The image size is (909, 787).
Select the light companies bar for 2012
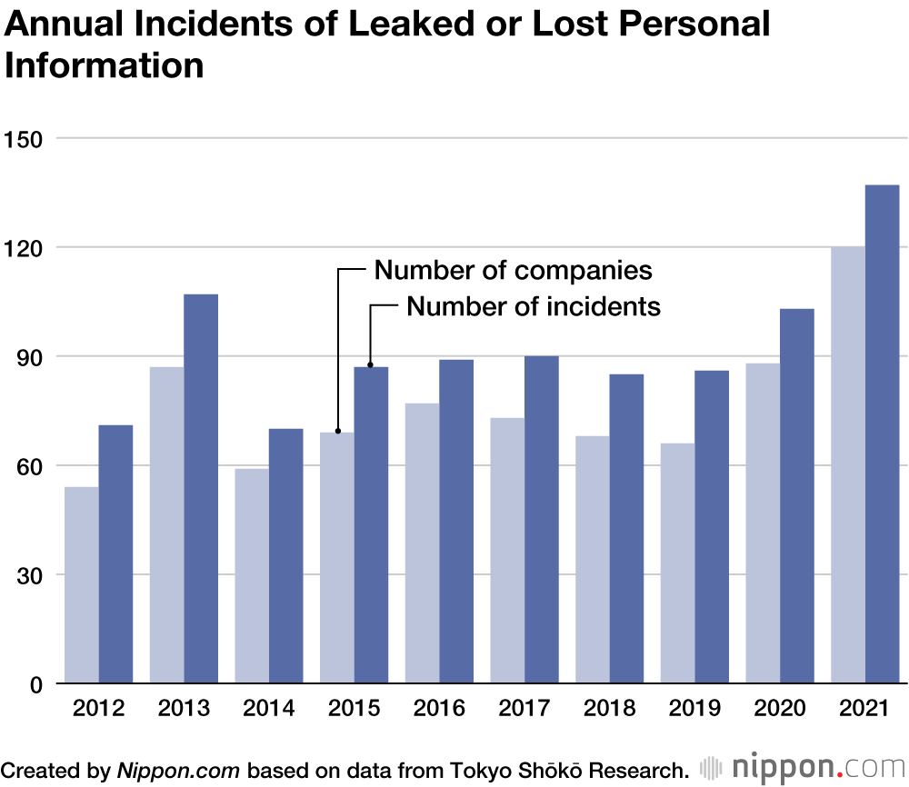[82, 585]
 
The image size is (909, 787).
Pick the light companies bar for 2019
[678, 563]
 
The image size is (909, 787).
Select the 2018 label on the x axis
[610, 708]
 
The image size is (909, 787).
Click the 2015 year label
[355, 708]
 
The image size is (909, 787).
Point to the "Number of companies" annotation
[514, 270]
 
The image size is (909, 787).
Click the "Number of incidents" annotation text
[534, 306]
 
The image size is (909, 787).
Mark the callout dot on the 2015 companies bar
[337, 432]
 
